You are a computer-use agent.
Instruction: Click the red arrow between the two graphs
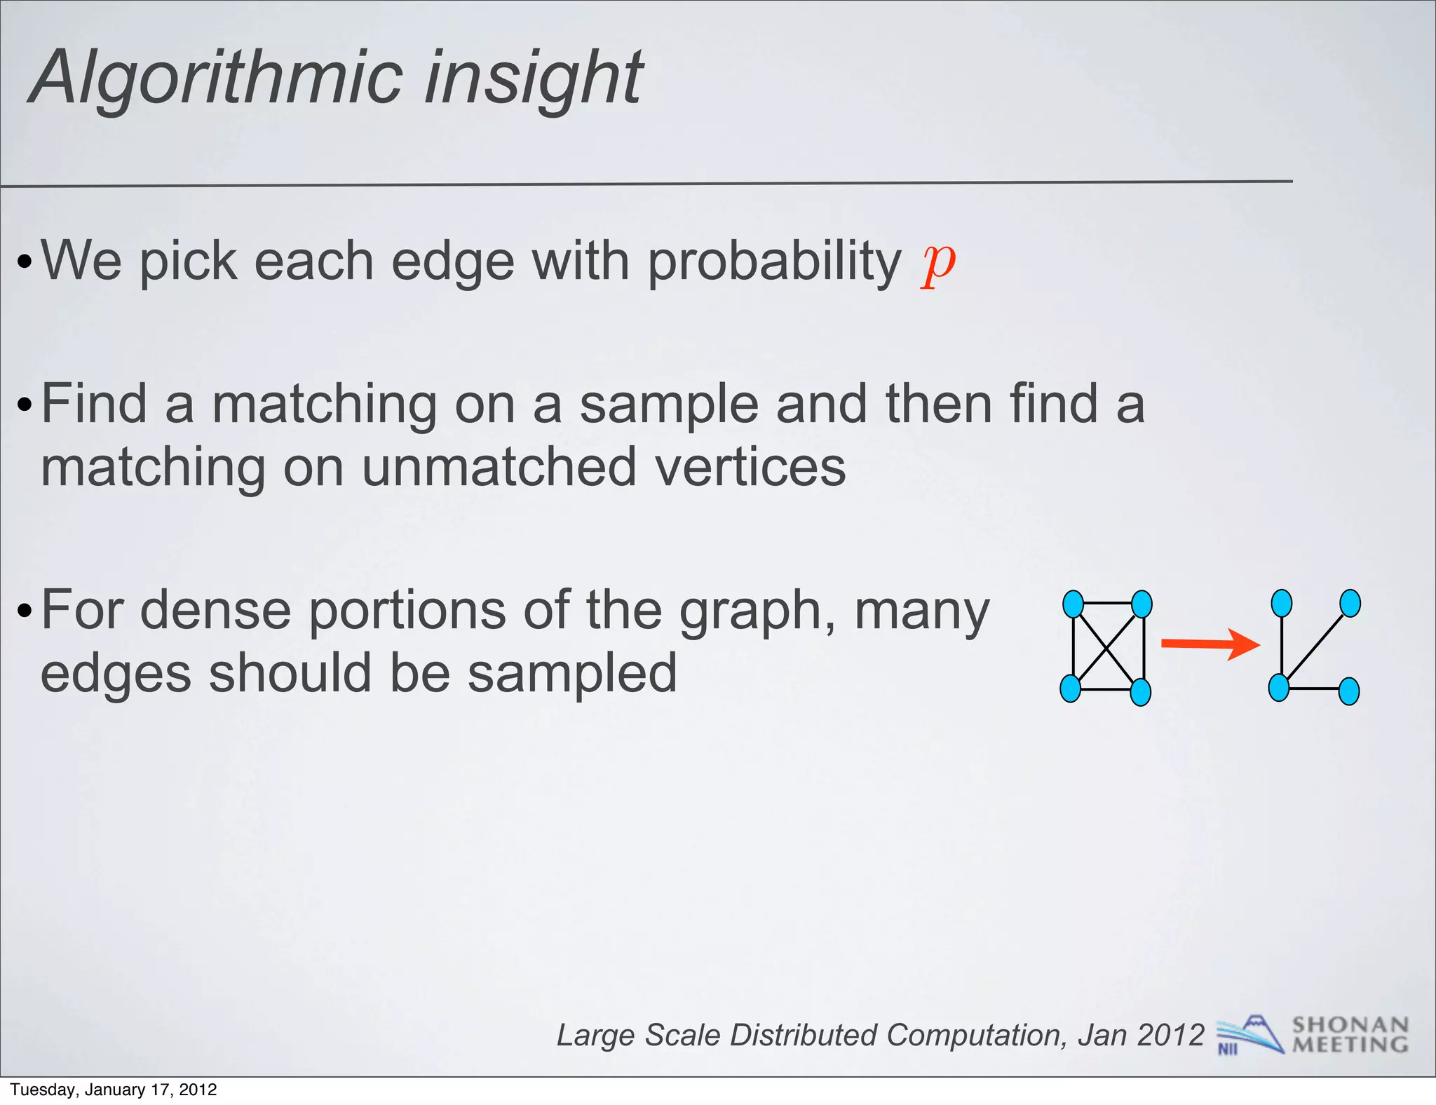pos(1210,644)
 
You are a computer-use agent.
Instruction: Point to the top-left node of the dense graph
pos(1073,604)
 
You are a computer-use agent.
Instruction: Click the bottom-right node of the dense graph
pos(1141,692)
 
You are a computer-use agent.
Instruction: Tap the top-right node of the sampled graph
pos(1350,603)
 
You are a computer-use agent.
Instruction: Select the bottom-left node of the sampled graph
pos(1279,688)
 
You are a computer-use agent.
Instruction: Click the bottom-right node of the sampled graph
pos(1349,691)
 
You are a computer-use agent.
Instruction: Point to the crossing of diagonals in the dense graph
pos(1107,648)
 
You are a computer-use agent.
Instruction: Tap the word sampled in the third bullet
pos(571,673)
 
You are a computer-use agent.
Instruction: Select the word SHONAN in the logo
pos(1350,1025)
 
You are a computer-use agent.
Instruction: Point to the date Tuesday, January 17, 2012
pos(114,1090)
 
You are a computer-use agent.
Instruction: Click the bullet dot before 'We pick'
pos(25,264)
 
